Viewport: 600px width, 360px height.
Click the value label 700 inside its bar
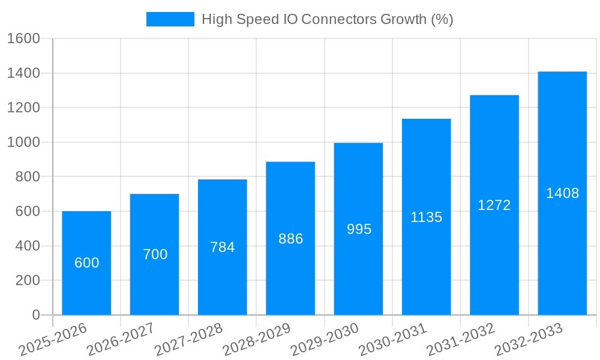pyautogui.click(x=155, y=254)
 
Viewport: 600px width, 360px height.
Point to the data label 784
pyautogui.click(x=223, y=247)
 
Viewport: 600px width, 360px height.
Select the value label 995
pyautogui.click(x=359, y=229)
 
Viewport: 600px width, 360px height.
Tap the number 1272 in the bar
pyautogui.click(x=494, y=205)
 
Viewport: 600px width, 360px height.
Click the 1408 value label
pyautogui.click(x=562, y=193)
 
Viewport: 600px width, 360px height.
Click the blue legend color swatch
pyautogui.click(x=170, y=19)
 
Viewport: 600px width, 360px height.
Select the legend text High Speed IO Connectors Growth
pyautogui.click(x=327, y=19)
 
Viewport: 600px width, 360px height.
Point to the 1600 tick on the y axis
pyautogui.click(x=23, y=38)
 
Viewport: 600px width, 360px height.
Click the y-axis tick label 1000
pyautogui.click(x=23, y=142)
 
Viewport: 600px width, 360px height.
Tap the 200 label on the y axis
pyautogui.click(x=27, y=280)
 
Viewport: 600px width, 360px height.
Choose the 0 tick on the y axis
pyautogui.click(x=35, y=315)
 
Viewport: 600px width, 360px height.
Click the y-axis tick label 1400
pyautogui.click(x=23, y=73)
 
